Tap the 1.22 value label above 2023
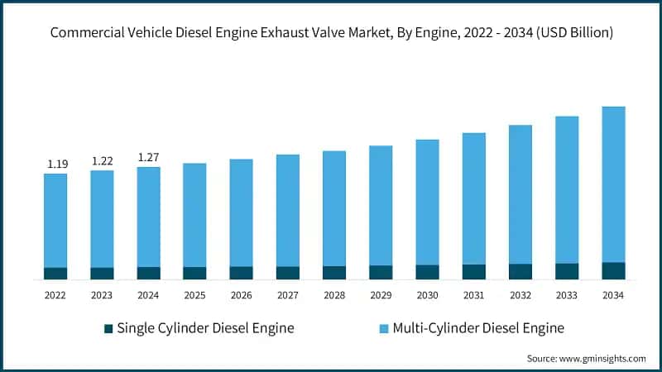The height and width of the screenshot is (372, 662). pyautogui.click(x=103, y=161)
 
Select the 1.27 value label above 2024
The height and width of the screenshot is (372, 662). pyautogui.click(x=149, y=158)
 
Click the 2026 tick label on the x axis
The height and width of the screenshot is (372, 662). pyautogui.click(x=242, y=295)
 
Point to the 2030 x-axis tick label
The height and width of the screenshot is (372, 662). pyautogui.click(x=427, y=295)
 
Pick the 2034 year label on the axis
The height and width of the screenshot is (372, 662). pyautogui.click(x=613, y=295)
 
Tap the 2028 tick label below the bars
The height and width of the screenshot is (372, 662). pyautogui.click(x=334, y=295)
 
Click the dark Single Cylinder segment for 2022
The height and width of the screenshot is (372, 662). pyautogui.click(x=55, y=274)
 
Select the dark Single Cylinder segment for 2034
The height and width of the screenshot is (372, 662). pyautogui.click(x=613, y=271)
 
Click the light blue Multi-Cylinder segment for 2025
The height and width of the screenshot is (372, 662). pyautogui.click(x=194, y=215)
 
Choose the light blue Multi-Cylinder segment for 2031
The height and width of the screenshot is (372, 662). pyautogui.click(x=473, y=198)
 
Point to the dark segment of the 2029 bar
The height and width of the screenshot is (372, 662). pyautogui.click(x=381, y=273)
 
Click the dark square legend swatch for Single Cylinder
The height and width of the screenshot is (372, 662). pyautogui.click(x=108, y=329)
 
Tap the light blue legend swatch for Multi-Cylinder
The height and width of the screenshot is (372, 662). pyautogui.click(x=383, y=329)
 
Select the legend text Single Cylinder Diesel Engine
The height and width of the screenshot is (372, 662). pyautogui.click(x=205, y=328)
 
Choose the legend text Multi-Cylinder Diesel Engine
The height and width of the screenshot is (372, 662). pyautogui.click(x=478, y=328)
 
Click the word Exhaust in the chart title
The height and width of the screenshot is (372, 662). pyautogui.click(x=281, y=34)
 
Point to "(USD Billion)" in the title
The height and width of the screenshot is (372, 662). pyautogui.click(x=570, y=34)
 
